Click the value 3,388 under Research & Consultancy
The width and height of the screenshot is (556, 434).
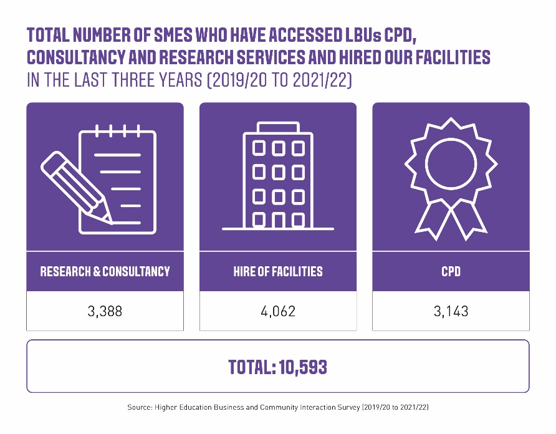click(x=105, y=311)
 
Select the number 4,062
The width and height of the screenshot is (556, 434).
click(x=278, y=311)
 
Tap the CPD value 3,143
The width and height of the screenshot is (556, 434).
click(x=451, y=311)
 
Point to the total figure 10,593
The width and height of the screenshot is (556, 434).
click(x=302, y=367)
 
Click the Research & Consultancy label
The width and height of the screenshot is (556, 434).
click(x=105, y=271)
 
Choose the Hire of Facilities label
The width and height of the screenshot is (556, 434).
click(x=278, y=271)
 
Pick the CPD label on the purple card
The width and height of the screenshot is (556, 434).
click(x=451, y=271)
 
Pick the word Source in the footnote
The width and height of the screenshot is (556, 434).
click(x=139, y=407)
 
